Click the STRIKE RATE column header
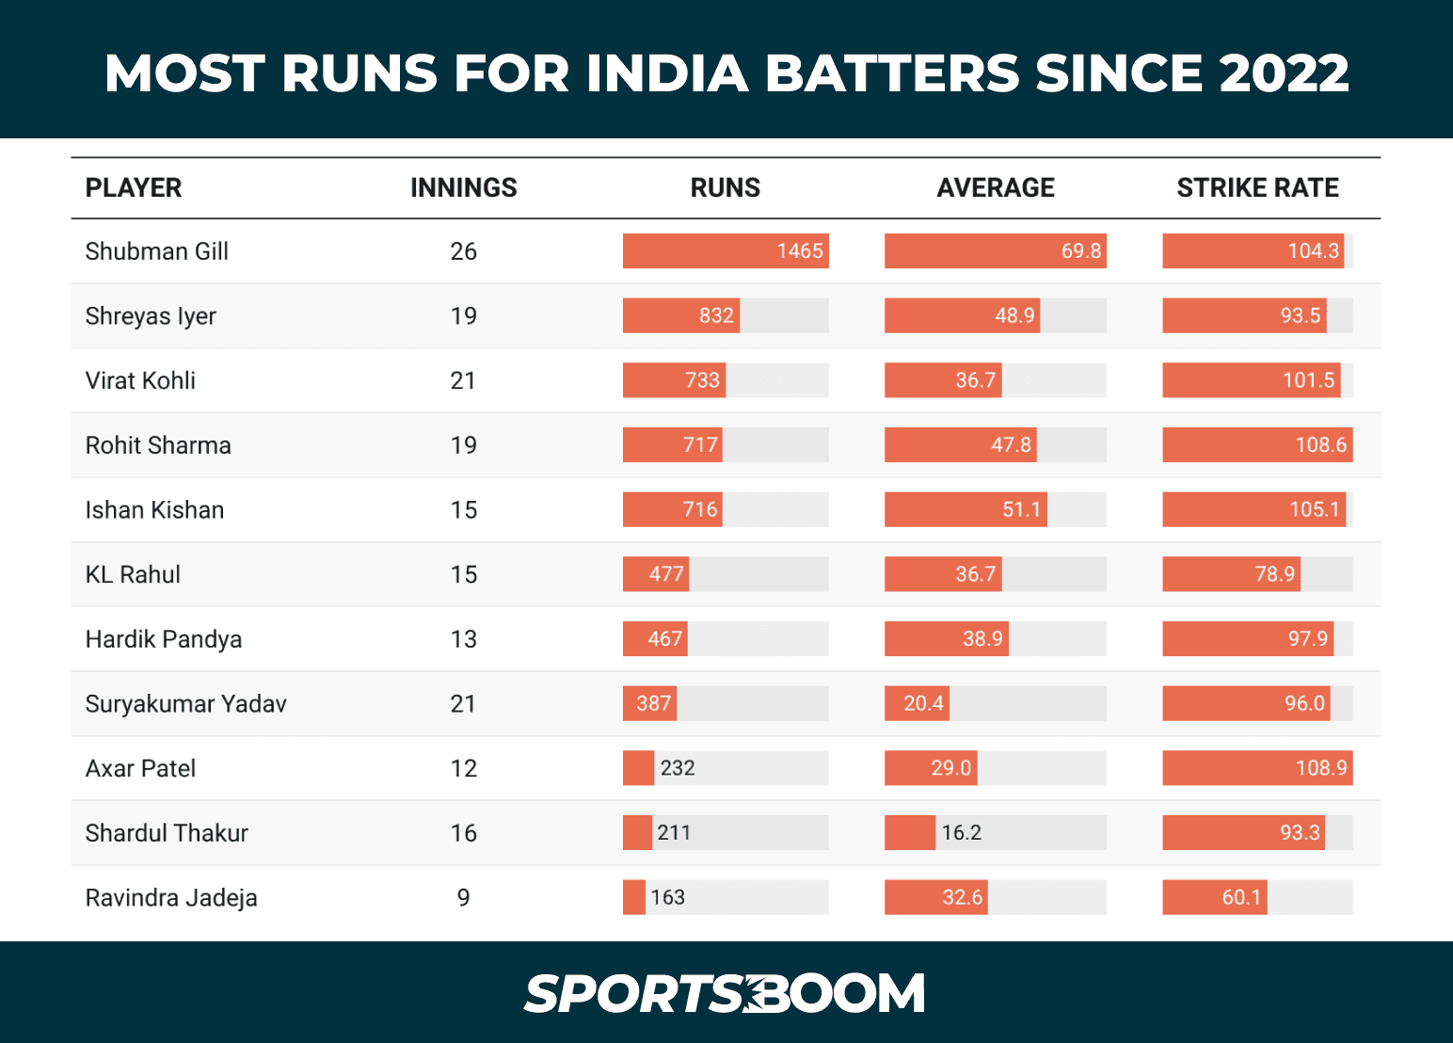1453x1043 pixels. pos(1257,188)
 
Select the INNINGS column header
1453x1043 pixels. pos(463,188)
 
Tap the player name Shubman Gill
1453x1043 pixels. pos(157,251)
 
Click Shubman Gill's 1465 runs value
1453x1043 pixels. pos(800,251)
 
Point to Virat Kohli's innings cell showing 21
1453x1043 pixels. pos(463,380)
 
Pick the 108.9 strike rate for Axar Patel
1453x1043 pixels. pos(1321,768)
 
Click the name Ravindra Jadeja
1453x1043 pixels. pos(171,898)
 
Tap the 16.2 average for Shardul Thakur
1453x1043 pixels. pos(961,833)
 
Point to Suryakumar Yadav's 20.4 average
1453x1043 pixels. pos(923,704)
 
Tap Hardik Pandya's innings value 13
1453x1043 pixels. pos(463,639)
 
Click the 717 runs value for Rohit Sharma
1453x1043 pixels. pos(700,445)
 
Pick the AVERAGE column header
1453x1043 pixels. pos(996,188)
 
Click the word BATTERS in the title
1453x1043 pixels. pos(892,73)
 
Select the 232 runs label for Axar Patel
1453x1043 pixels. pos(678,768)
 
